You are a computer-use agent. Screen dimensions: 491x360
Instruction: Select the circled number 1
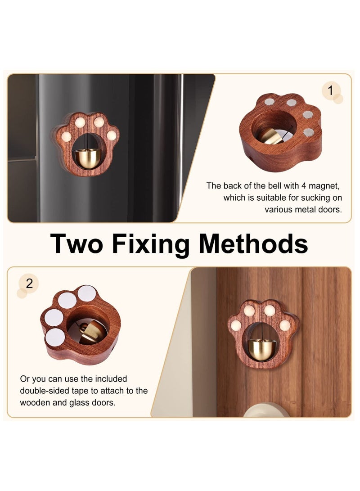[330, 91]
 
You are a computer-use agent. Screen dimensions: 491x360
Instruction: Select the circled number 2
[29, 284]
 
